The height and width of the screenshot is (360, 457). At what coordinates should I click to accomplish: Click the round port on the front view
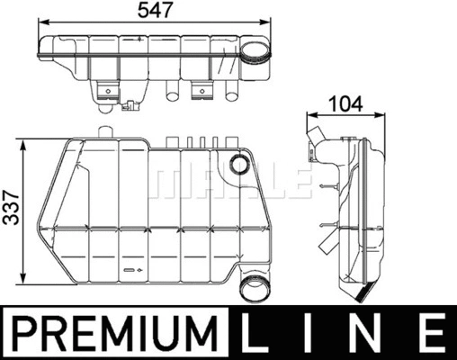coord(239,165)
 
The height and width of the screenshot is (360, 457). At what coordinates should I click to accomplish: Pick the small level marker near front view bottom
coord(134,268)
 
